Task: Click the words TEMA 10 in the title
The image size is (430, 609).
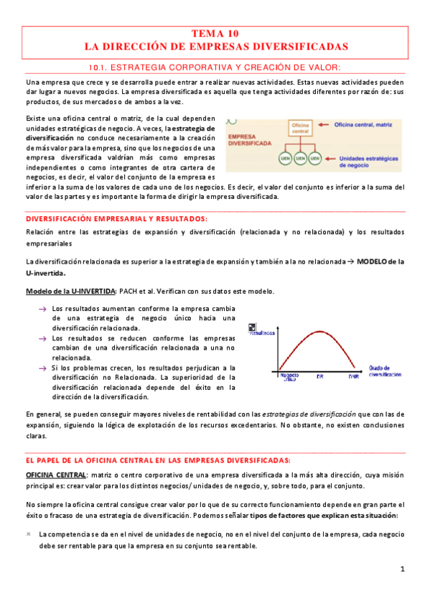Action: click(215, 34)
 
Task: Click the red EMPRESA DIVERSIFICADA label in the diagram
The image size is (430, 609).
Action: click(249, 139)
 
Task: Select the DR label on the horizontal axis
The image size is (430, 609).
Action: click(319, 377)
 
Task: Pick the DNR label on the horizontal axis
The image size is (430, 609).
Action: click(353, 377)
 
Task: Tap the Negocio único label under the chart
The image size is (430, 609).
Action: click(289, 376)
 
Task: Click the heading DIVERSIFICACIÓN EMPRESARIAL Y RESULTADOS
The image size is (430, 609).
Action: click(116, 218)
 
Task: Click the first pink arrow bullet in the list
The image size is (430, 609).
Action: click(42, 309)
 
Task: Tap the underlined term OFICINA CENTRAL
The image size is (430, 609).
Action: click(56, 475)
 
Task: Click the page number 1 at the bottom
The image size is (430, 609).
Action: click(403, 570)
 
